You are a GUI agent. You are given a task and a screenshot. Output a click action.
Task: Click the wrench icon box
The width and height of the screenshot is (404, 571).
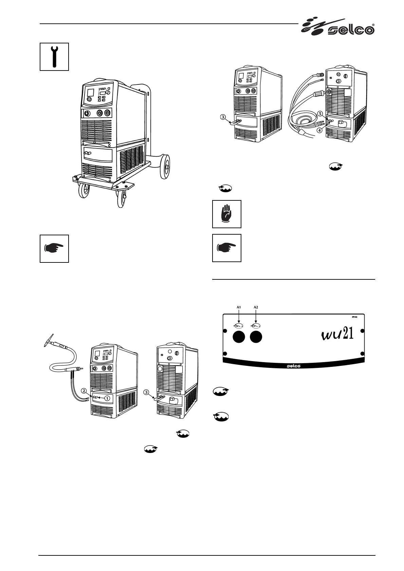(54, 57)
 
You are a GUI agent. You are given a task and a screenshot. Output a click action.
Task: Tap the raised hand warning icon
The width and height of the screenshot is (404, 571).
(227, 214)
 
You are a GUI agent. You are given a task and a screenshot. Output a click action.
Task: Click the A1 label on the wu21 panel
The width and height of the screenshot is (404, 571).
(239, 307)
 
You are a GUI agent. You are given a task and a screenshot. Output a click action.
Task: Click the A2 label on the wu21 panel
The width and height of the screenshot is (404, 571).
(256, 307)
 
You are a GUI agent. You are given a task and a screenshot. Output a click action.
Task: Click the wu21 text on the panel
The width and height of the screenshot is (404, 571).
(337, 334)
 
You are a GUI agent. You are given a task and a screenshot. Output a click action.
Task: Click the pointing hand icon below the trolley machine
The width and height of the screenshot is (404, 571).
(54, 248)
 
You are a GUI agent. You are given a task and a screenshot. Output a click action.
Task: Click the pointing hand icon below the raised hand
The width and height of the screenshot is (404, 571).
(227, 248)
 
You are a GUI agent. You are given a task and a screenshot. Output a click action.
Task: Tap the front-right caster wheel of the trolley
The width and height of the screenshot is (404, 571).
(121, 198)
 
